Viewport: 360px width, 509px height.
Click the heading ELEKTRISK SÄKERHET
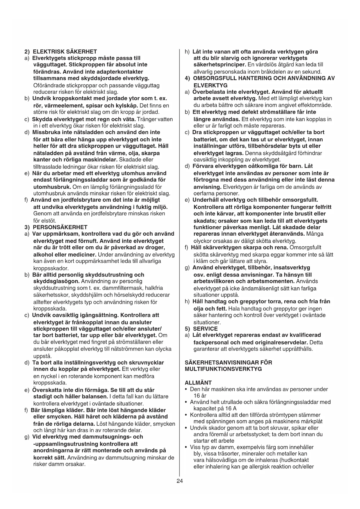pos(64,52)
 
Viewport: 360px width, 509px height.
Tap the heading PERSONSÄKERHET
pos(60,227)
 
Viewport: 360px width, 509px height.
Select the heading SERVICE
pos(205,329)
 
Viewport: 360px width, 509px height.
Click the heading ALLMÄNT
pos(198,383)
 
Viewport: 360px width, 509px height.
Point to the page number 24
pos(180,481)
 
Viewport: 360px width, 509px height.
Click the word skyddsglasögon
pos(56,281)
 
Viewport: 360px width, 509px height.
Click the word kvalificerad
pos(306,335)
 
